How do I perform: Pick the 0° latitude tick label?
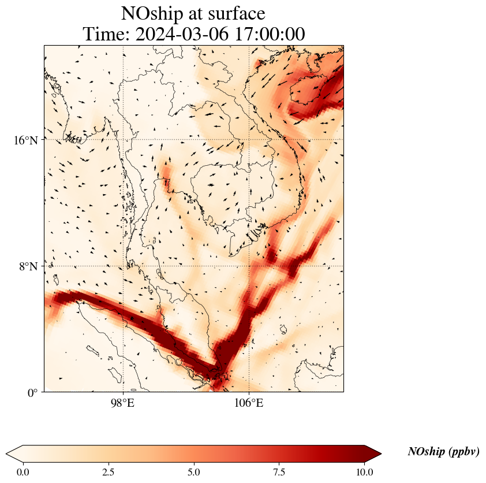coord(33,393)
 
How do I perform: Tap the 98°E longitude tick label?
coord(122,403)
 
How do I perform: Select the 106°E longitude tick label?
coord(249,403)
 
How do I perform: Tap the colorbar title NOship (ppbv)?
coord(443,452)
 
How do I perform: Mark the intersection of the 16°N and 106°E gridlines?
coord(249,139)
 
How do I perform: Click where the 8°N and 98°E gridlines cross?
coord(122,266)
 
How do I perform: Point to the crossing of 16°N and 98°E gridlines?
coord(122,139)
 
